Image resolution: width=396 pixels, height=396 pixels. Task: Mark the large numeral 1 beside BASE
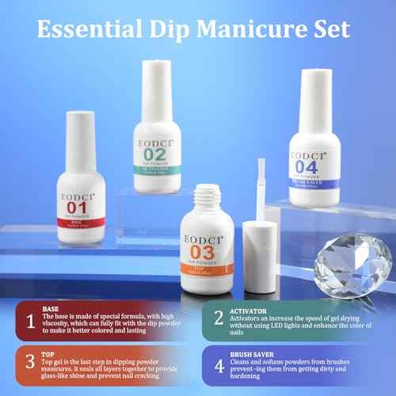[x=27, y=321]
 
